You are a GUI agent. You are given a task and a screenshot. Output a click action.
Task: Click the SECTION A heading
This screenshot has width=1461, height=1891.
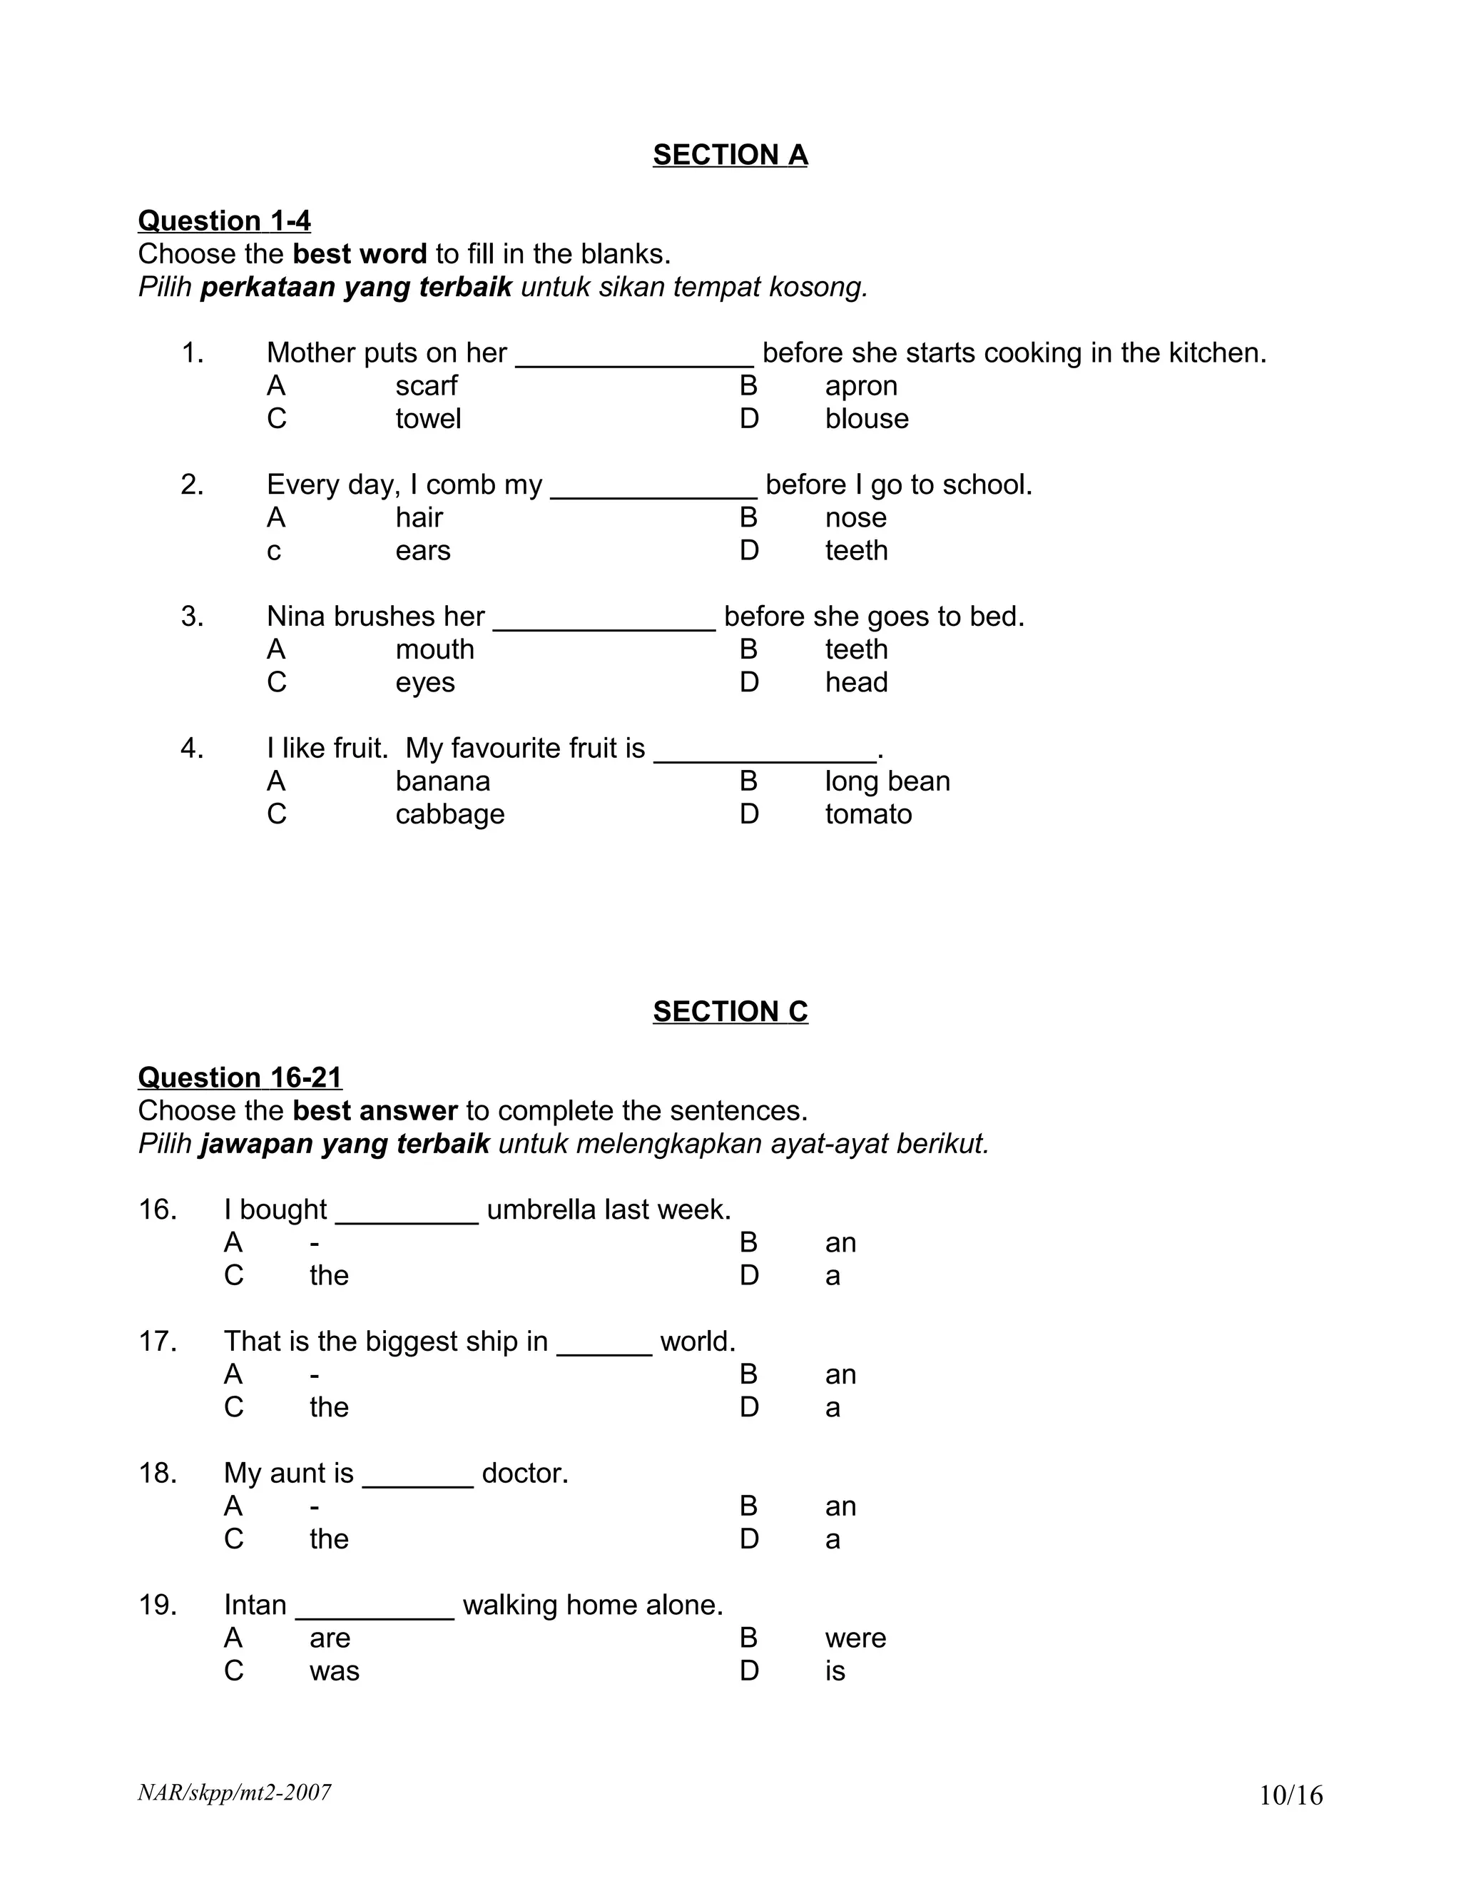click(x=730, y=155)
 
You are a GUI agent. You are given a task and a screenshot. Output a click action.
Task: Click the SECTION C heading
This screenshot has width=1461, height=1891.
click(x=730, y=1011)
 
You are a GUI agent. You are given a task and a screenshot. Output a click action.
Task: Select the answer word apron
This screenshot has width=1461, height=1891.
click(x=860, y=386)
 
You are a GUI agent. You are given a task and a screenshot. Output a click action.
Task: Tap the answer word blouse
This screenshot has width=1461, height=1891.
click(x=866, y=419)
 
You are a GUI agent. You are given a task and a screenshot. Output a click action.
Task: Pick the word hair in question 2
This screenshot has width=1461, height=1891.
click(x=419, y=518)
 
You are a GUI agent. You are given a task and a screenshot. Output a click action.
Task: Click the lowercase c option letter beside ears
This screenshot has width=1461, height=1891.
click(x=273, y=552)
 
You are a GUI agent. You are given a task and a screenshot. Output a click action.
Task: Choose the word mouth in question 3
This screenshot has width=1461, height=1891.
click(x=434, y=649)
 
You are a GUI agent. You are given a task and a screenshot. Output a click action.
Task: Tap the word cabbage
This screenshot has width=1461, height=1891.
click(x=449, y=815)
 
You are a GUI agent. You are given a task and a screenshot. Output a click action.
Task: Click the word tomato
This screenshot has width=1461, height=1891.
click(x=868, y=815)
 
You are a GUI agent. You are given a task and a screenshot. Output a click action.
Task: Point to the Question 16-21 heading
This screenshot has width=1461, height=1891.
click(x=240, y=1078)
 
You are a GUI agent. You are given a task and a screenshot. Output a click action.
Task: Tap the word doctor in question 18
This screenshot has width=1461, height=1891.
click(x=524, y=1473)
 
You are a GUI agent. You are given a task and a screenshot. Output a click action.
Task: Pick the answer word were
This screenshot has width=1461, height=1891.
click(x=855, y=1638)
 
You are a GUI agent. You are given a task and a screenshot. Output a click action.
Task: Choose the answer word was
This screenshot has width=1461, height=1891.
click(x=334, y=1671)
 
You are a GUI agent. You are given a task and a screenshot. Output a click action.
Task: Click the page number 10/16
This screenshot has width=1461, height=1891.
click(x=1291, y=1796)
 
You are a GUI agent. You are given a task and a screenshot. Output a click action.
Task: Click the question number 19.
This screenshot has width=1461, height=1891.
click(x=158, y=1606)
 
